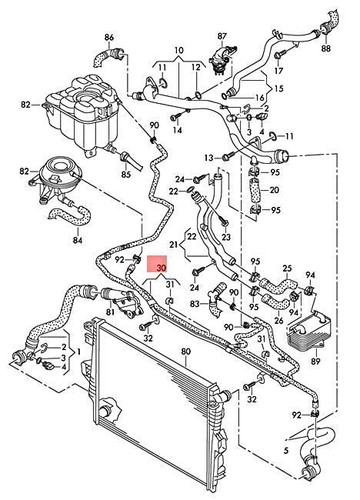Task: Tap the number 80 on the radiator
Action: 186,351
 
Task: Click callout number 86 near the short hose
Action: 97,37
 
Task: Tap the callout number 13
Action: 210,157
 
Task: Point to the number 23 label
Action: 225,237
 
